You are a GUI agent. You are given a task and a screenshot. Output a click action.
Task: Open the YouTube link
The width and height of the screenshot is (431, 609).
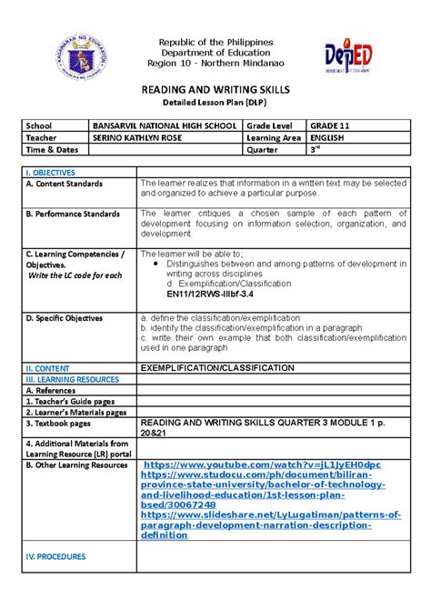tap(262, 464)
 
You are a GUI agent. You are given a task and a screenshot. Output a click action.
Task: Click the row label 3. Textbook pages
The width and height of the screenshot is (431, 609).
tap(61, 423)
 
